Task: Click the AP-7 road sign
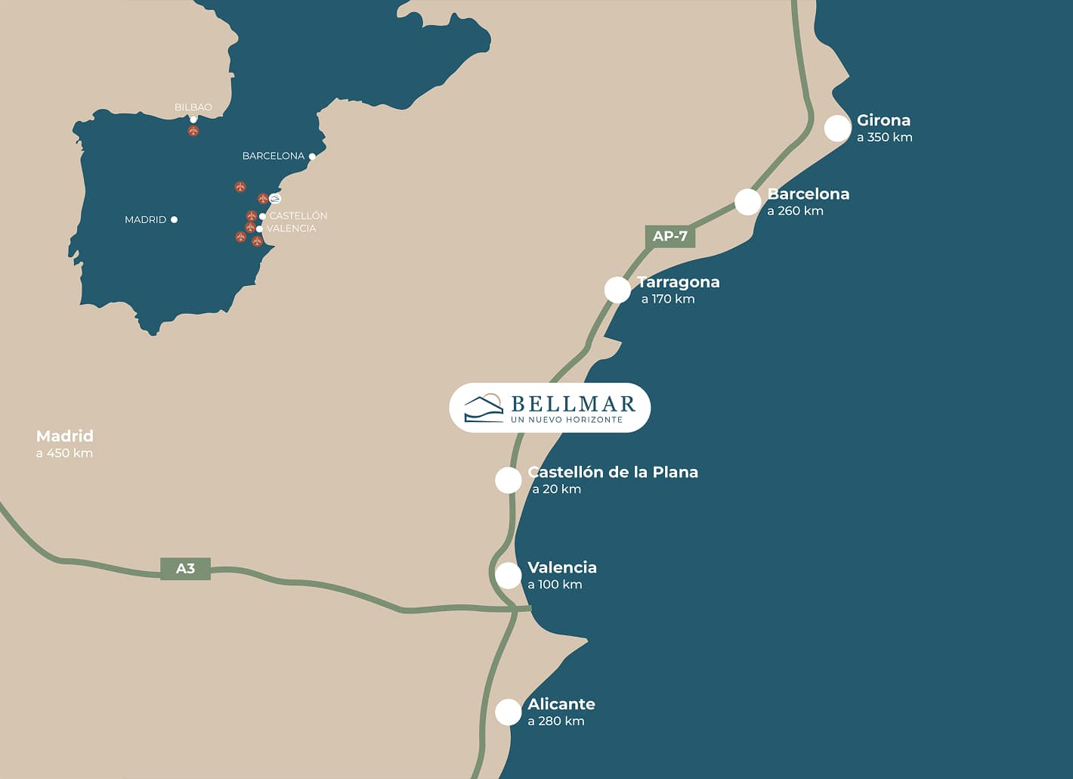pos(669,236)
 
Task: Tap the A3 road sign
pos(185,568)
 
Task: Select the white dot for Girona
pos(837,129)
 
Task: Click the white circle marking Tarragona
pos(617,290)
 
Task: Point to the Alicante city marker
pos(508,712)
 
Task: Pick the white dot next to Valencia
pos(508,576)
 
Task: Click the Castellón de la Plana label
pos(613,472)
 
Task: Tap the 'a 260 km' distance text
pos(795,211)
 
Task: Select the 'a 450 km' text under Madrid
pos(64,453)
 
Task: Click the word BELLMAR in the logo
pos(573,404)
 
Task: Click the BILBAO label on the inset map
pos(193,107)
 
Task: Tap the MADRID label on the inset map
pos(145,219)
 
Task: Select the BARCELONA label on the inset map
pos(273,156)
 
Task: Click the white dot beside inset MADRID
pos(174,219)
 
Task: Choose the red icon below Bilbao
pos(193,131)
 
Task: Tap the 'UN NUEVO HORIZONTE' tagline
pos(567,420)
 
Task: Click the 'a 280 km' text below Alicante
pos(556,721)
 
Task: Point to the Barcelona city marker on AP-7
pos(747,202)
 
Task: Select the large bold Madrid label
pos(65,436)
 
